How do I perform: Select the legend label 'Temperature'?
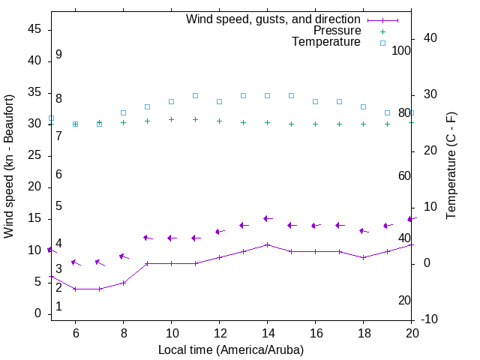click(326, 42)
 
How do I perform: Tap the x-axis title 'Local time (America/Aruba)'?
click(231, 349)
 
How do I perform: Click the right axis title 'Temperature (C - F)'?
click(451, 166)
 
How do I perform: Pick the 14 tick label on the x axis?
click(267, 333)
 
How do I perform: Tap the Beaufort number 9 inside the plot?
click(58, 55)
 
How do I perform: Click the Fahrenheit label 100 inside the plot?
click(401, 50)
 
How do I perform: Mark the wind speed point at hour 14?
click(267, 244)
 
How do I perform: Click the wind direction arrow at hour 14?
click(268, 219)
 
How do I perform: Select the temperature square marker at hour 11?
click(195, 95)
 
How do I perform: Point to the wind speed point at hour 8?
click(123, 283)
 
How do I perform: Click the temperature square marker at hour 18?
click(363, 106)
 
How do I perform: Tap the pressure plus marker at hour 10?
click(171, 119)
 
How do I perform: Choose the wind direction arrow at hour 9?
click(148, 238)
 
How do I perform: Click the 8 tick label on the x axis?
click(123, 333)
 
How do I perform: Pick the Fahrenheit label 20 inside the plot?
click(404, 300)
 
